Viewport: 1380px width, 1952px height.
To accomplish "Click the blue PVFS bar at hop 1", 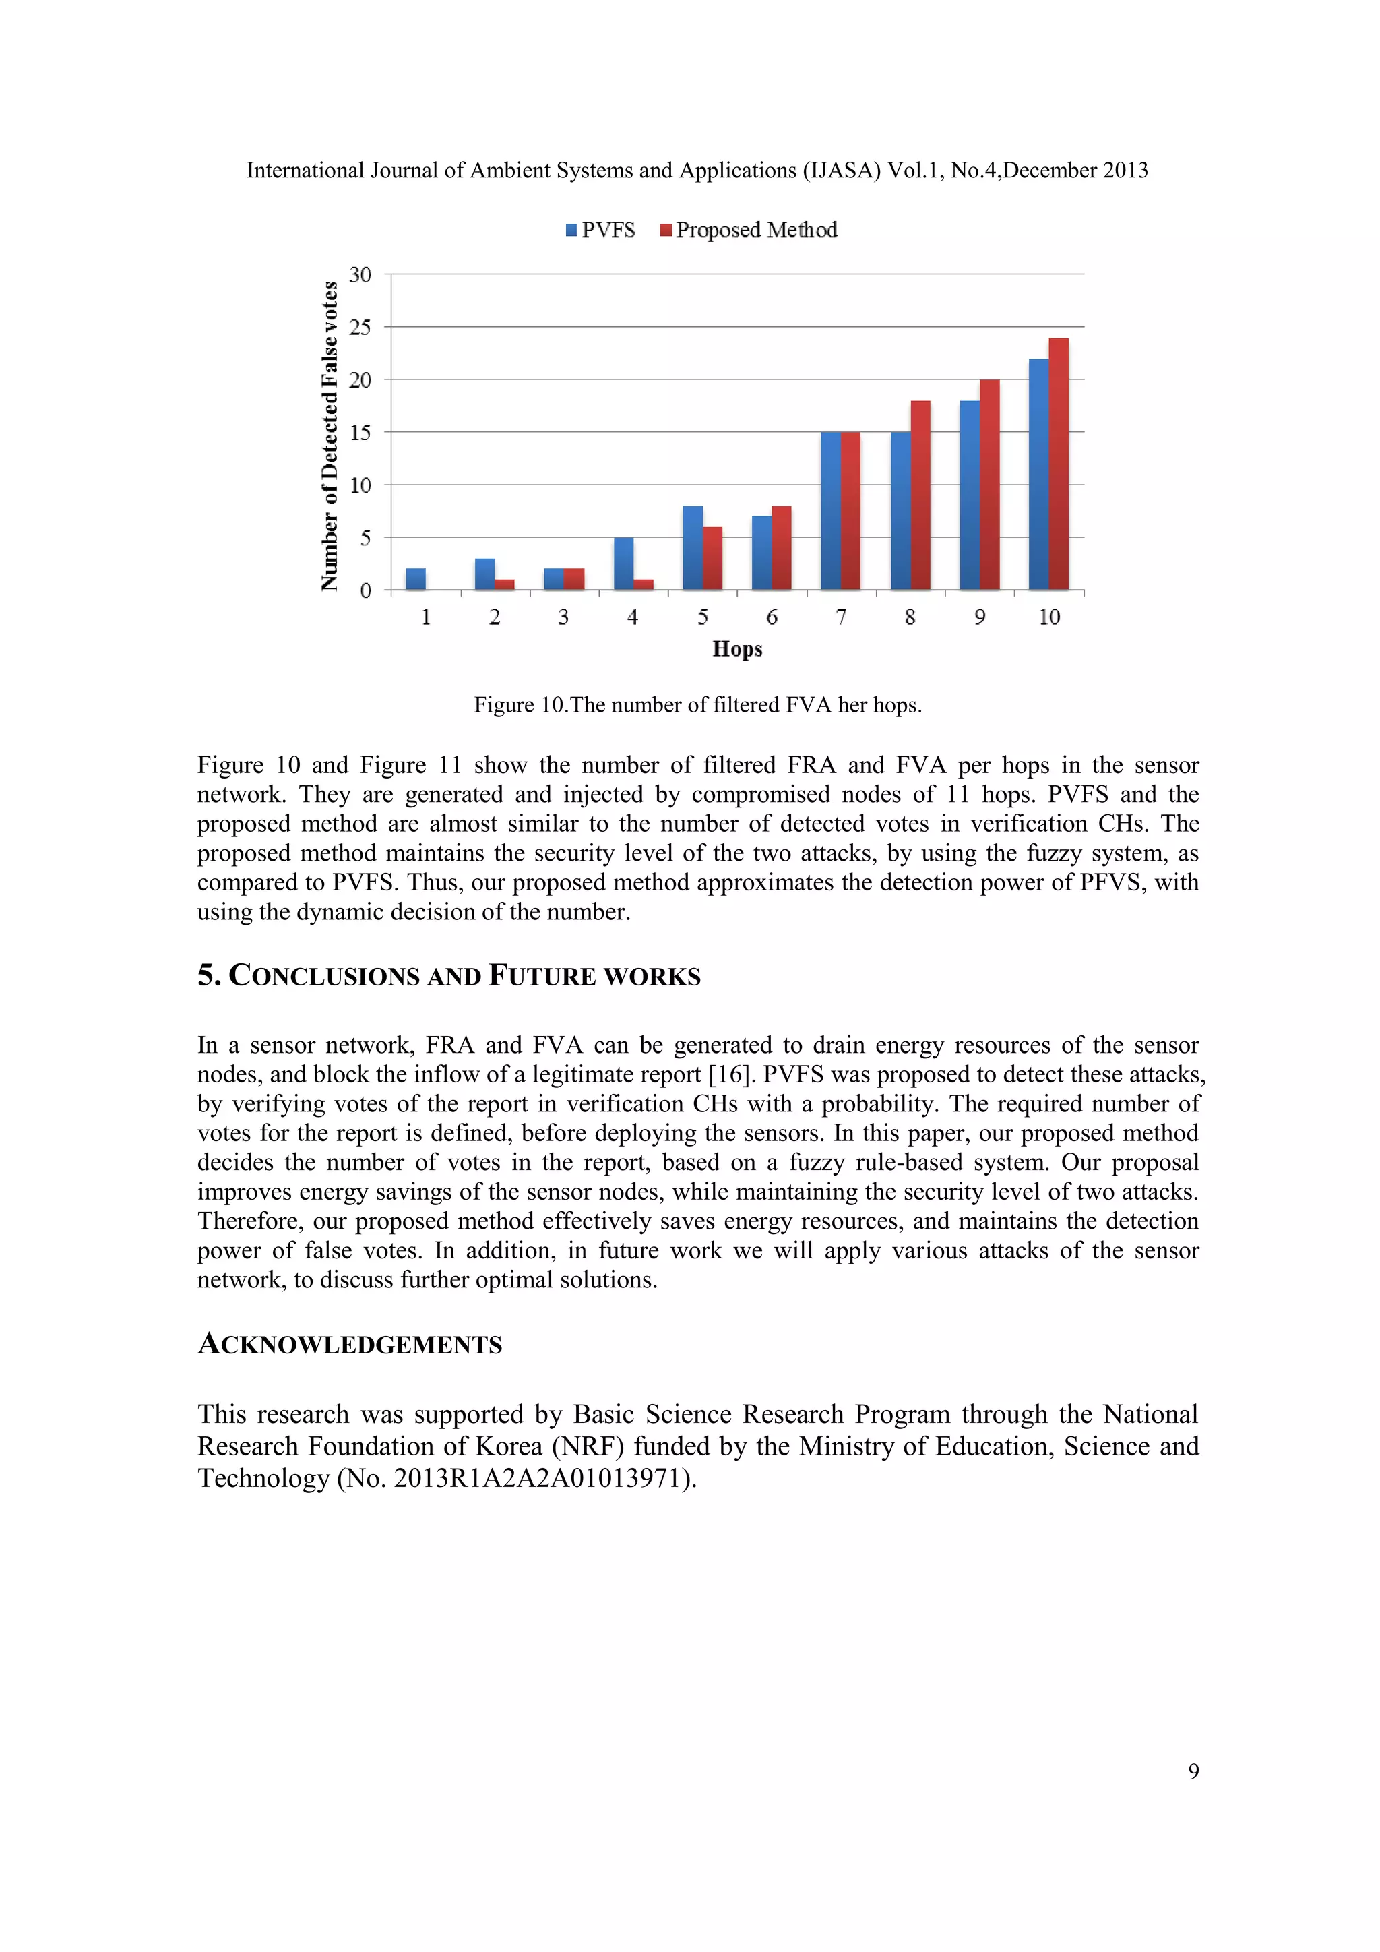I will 416,579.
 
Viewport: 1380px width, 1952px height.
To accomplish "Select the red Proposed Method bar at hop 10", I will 1058,464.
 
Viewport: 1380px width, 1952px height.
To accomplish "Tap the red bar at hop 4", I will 644,584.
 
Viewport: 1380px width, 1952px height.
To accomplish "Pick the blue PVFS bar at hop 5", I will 693,549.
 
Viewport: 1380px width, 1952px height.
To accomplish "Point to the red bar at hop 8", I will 920,495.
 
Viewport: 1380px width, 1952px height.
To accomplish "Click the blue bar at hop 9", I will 970,495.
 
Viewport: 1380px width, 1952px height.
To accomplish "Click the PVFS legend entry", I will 601,231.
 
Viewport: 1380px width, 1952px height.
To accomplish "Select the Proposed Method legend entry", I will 749,231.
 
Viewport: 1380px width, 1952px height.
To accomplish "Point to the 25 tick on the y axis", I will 360,328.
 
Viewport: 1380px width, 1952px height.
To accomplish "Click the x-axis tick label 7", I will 841,617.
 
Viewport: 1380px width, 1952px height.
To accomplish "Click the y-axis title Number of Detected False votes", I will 330,435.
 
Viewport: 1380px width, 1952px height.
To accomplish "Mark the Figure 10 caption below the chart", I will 697,705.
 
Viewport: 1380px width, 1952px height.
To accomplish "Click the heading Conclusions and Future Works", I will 449,975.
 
